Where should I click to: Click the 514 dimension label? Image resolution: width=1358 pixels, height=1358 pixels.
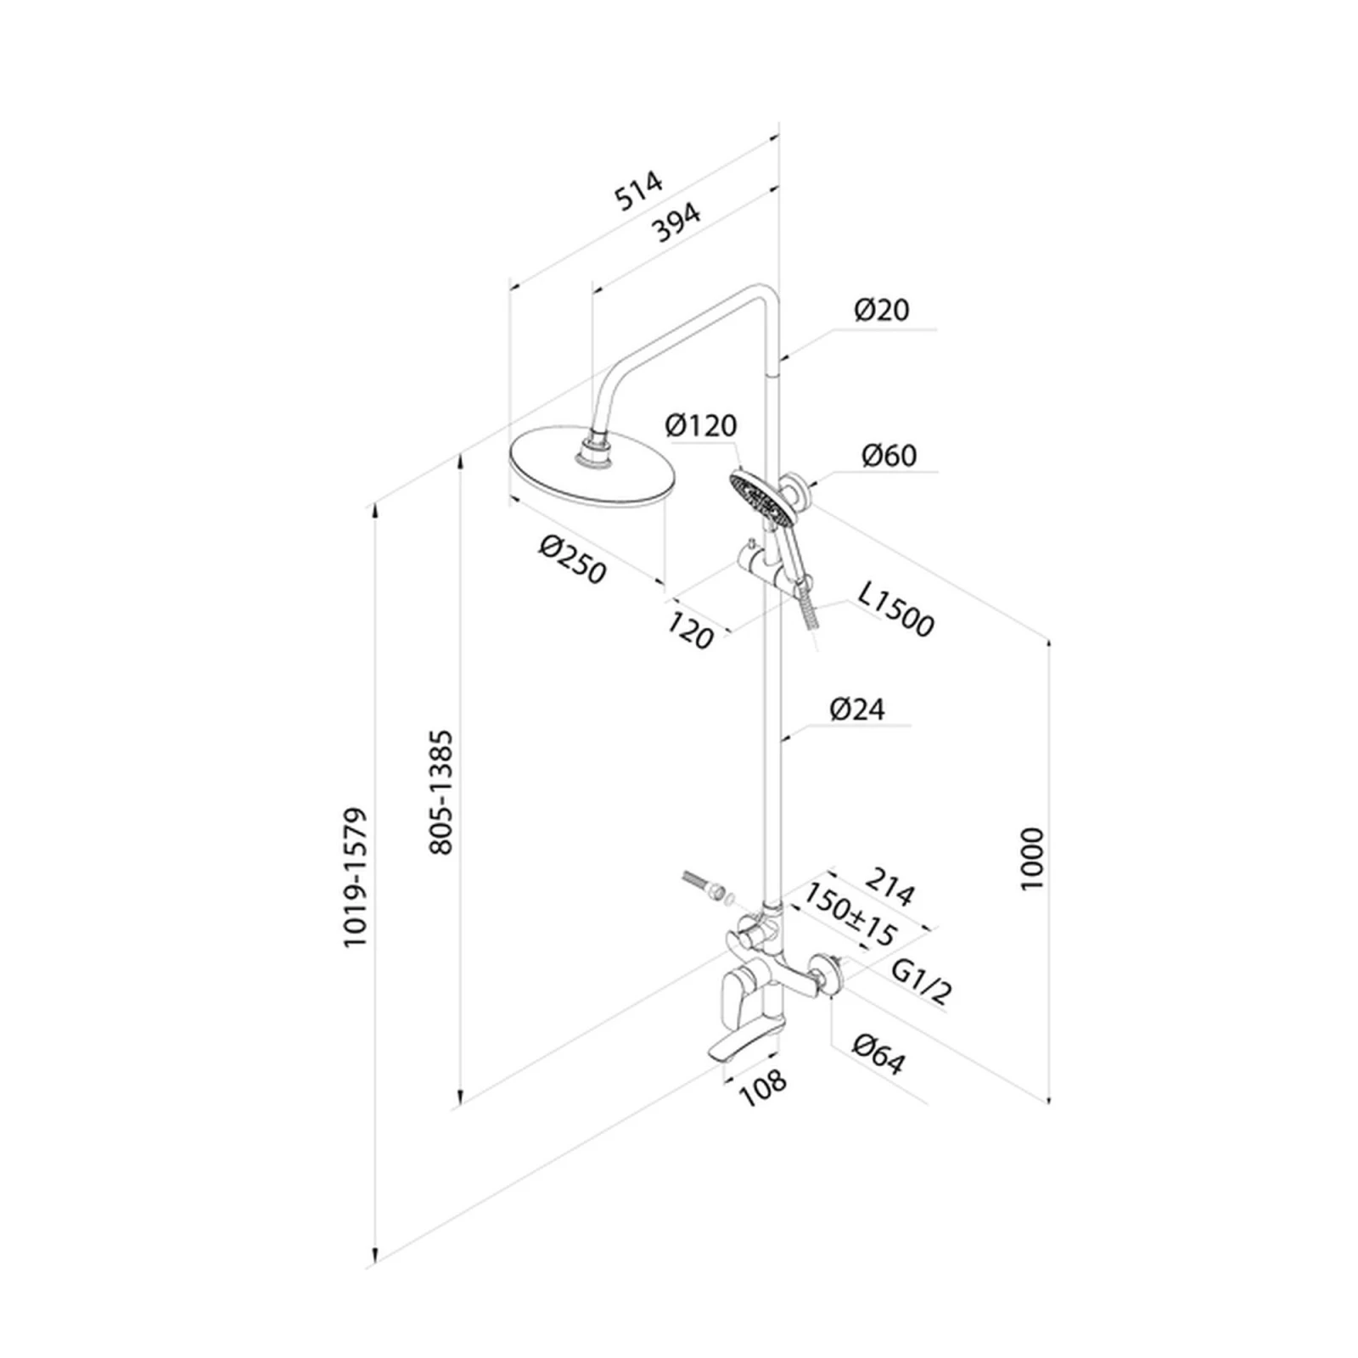click(x=638, y=191)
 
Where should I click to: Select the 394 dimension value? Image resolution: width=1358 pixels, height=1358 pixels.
click(x=676, y=222)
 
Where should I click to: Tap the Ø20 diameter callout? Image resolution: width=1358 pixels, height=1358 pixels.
click(x=882, y=310)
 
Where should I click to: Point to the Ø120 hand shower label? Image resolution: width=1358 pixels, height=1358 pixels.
click(x=701, y=425)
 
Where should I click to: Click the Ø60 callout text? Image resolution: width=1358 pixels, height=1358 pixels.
click(x=889, y=456)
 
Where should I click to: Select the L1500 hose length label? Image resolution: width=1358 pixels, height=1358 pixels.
click(x=895, y=609)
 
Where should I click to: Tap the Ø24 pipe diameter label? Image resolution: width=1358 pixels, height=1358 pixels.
click(x=857, y=709)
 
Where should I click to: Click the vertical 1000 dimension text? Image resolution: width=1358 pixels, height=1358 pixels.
click(x=1031, y=858)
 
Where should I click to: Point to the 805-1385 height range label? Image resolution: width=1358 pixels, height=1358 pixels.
click(x=442, y=791)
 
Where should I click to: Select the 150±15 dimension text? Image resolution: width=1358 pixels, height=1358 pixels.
click(x=850, y=915)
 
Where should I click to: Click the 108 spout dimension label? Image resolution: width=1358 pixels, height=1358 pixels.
click(x=763, y=1087)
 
